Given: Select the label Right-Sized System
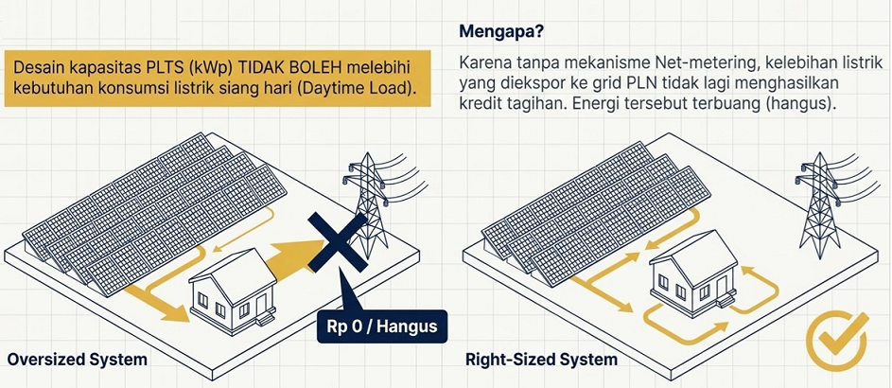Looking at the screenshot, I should point(542,360).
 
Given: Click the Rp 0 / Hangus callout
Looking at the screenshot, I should point(376,328).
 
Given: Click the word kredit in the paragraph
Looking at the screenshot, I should point(481,104).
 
